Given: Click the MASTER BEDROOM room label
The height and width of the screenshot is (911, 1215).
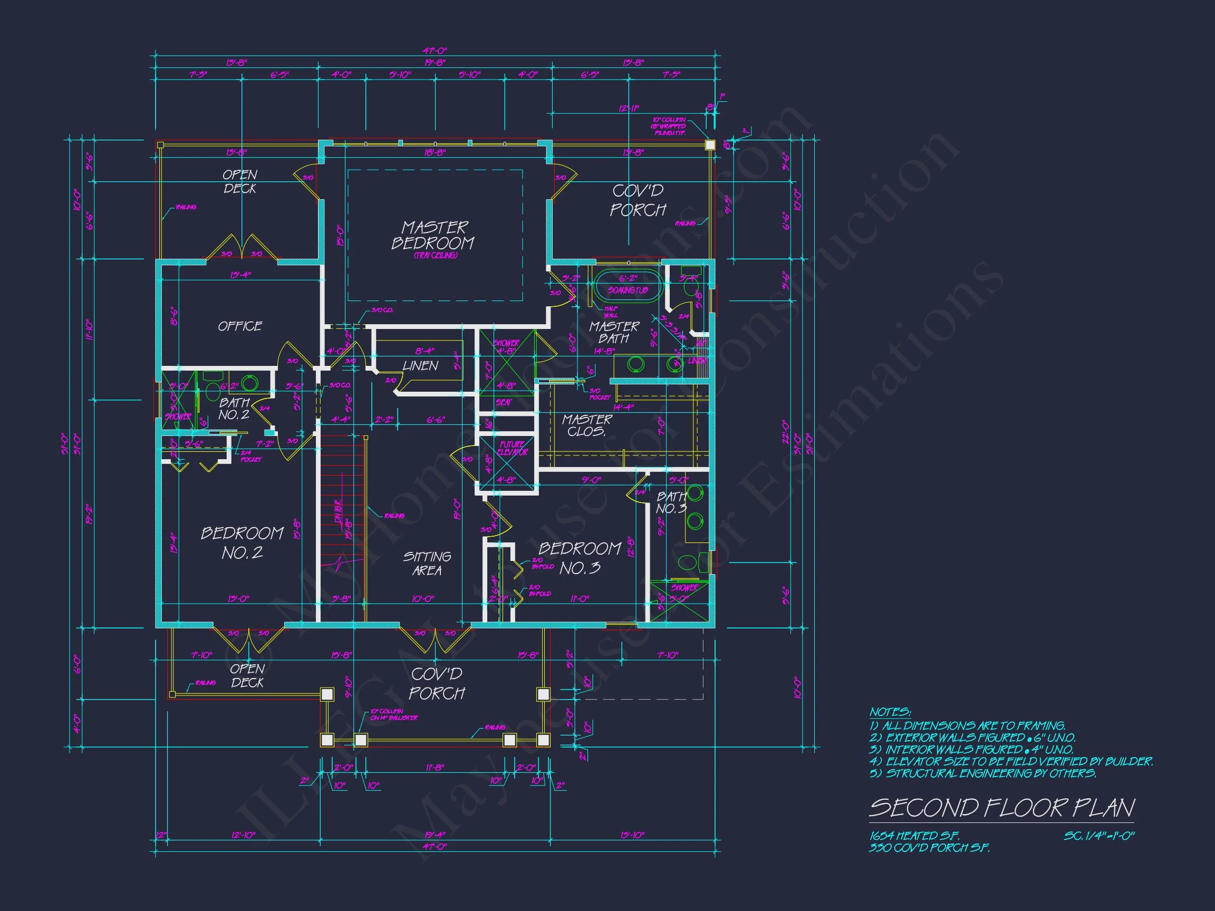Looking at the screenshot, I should pos(433,236).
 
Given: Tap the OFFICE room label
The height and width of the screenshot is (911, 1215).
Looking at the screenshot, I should pos(240,326).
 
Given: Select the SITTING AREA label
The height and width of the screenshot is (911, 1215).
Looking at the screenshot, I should pos(427,564).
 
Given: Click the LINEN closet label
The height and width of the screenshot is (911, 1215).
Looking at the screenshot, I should pos(420,366).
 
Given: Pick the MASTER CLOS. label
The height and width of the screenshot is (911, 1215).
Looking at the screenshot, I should pos(586,425).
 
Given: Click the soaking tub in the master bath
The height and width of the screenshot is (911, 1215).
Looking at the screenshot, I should pos(628,286).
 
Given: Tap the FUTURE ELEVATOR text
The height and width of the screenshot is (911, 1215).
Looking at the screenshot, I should pos(513,448).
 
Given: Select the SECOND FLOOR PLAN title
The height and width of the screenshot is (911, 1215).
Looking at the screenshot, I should pos(1001,808).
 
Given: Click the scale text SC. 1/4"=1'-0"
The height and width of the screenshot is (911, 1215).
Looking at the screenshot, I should pos(1098,836).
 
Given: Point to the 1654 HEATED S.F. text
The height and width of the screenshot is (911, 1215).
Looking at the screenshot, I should pos(914,836).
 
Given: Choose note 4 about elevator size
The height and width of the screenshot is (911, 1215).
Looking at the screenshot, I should pos(1011,761).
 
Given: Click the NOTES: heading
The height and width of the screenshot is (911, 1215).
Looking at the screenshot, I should pos(890,712).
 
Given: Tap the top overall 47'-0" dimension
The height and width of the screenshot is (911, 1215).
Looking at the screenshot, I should pos(435,51).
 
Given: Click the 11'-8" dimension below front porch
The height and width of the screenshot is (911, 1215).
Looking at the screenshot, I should pos(435,768).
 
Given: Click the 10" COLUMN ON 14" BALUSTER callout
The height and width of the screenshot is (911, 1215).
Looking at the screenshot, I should pos(393,714).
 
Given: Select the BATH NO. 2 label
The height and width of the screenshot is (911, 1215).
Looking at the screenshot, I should pos(234,409).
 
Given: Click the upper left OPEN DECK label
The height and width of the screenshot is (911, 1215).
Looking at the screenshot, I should pos(239,181).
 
